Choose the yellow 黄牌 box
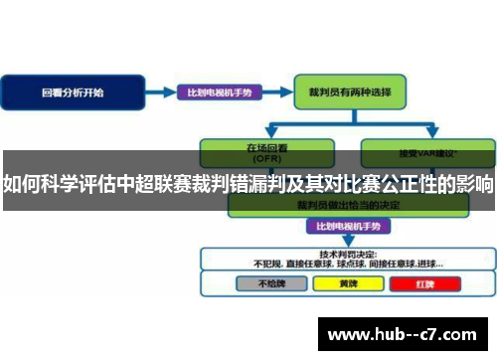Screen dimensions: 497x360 [345, 282]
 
